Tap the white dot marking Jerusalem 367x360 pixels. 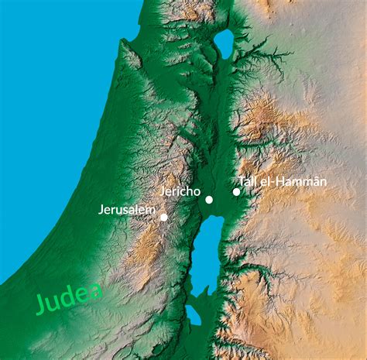pos(163,217)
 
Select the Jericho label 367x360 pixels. pos(180,191)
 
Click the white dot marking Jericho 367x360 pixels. pos(209,200)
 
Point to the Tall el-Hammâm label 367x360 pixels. pos(283,181)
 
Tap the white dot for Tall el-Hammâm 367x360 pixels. pos(236,191)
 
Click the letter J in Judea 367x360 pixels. pos(40,306)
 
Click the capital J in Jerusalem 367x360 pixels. pos(101,209)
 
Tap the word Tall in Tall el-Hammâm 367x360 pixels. pos(249,181)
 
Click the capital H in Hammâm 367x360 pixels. pos(280,181)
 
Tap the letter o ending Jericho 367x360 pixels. pos(197,191)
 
